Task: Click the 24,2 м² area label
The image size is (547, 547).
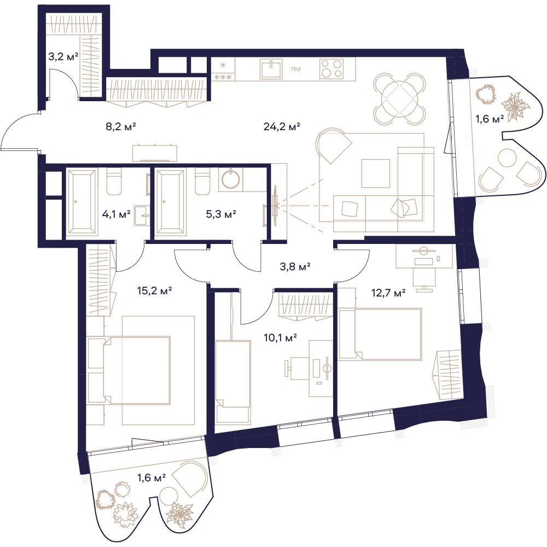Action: [x=282, y=127]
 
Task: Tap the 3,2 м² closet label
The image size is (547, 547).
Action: [x=63, y=56]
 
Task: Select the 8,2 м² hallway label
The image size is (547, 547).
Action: [x=120, y=127]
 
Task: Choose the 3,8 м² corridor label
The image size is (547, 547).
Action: [x=295, y=267]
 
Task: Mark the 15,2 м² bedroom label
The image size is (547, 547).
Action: [x=155, y=290]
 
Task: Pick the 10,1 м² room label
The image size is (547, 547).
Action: [x=281, y=337]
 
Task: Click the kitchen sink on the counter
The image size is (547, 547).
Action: [x=271, y=69]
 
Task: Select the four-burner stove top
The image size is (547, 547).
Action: [x=331, y=69]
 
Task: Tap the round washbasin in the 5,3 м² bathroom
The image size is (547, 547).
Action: [x=231, y=179]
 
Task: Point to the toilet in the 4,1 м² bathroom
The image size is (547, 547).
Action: [x=114, y=182]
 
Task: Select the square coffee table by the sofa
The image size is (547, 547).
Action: [x=376, y=173]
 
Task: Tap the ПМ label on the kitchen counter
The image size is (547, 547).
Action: [x=296, y=69]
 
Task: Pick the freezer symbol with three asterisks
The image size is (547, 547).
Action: [x=223, y=77]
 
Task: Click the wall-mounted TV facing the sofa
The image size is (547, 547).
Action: [x=276, y=205]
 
